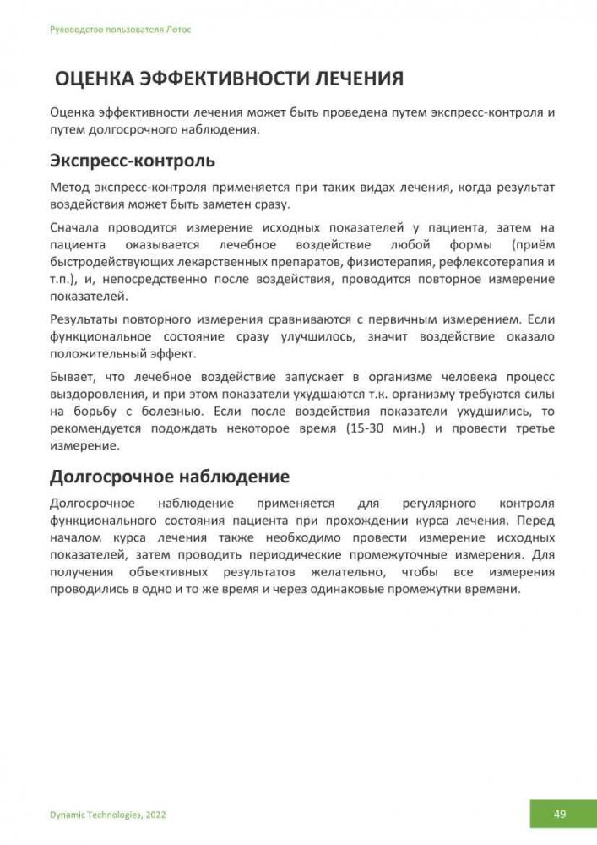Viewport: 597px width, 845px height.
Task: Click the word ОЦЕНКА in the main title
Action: (x=95, y=79)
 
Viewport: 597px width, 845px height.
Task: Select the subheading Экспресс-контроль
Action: (x=133, y=160)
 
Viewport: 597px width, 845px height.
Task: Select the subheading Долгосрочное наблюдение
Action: (x=170, y=477)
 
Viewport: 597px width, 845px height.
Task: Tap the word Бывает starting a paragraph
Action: (x=74, y=376)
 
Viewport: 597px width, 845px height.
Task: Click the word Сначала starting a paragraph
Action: (x=79, y=227)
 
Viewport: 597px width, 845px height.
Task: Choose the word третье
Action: (x=531, y=428)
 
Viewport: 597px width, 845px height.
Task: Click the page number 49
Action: (x=560, y=814)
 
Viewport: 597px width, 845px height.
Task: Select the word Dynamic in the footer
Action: (x=67, y=815)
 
